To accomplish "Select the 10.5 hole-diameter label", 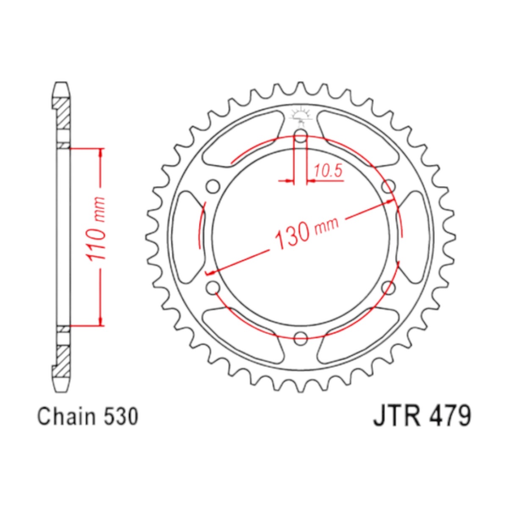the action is [328, 171].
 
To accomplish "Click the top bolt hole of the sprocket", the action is [301, 136].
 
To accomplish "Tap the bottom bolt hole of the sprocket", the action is [301, 338].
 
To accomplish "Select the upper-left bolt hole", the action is [213, 187].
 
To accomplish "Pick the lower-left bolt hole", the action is [213, 287].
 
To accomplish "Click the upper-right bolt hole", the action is [388, 187].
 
